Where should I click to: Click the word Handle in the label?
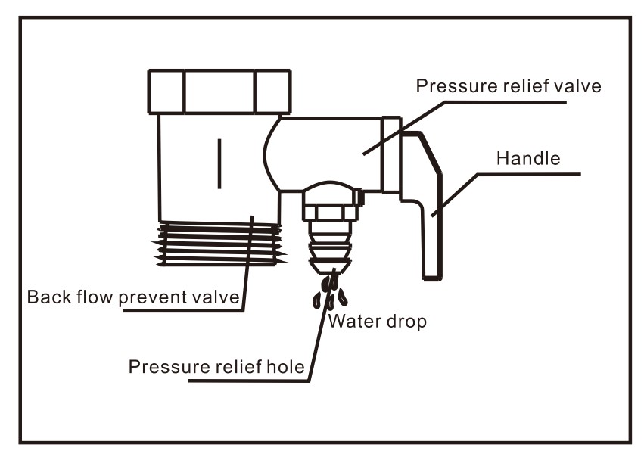(x=528, y=159)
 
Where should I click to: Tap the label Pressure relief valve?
(x=509, y=85)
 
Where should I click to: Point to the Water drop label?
(x=378, y=321)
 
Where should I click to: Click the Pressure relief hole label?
(x=216, y=367)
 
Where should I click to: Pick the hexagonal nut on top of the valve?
(x=219, y=92)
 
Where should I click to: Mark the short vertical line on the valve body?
(x=219, y=163)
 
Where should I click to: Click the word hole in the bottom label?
(x=288, y=367)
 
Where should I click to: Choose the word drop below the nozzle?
(x=407, y=321)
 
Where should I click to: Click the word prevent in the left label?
(x=156, y=296)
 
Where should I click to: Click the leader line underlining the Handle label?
(x=530, y=174)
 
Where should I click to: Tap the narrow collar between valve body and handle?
(x=390, y=155)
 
